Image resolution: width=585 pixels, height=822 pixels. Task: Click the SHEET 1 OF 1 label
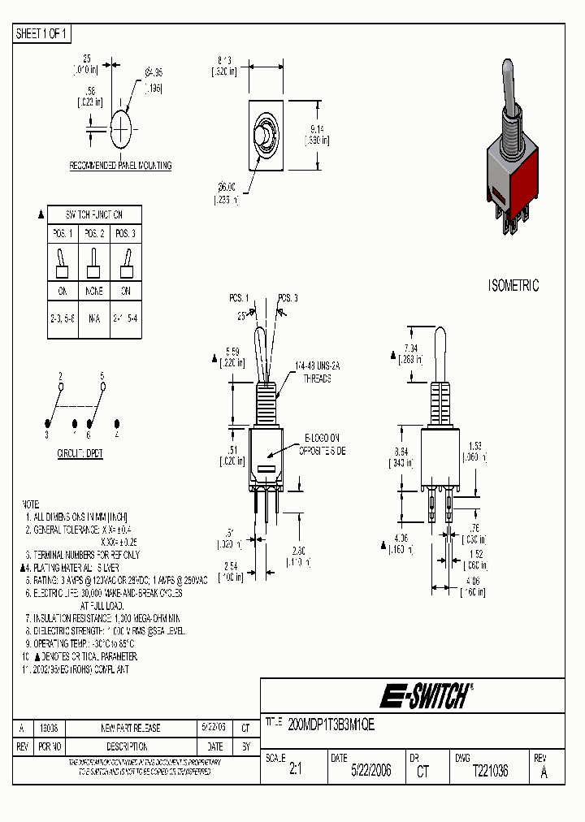tap(42, 34)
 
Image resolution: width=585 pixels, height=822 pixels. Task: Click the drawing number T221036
tap(490, 771)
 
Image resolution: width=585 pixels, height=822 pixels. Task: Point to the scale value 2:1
tap(296, 771)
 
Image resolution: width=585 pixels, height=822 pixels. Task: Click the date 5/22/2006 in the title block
tap(370, 771)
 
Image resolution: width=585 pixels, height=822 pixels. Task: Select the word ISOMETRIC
tap(513, 286)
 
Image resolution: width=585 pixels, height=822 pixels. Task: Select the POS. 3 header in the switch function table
tap(125, 233)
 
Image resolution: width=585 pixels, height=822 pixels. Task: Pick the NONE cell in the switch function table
tap(93, 291)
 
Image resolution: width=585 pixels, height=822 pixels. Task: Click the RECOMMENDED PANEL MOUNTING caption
tap(120, 166)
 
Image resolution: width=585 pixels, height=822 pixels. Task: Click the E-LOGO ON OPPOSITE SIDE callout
tap(322, 443)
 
